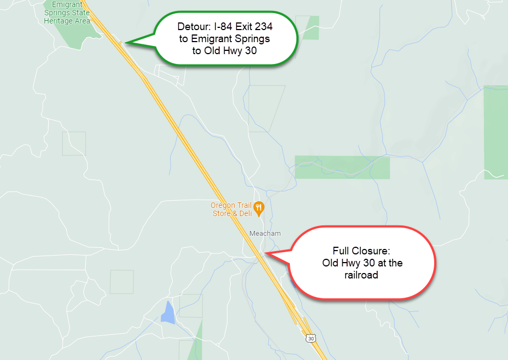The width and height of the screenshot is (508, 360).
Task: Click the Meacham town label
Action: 265,234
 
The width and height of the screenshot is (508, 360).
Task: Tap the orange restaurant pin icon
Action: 260,208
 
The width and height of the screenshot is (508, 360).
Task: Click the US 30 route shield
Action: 311,339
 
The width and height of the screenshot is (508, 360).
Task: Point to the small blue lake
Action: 168,312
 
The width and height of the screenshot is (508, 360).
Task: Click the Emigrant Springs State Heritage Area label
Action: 67,12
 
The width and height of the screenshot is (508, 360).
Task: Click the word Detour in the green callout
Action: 193,27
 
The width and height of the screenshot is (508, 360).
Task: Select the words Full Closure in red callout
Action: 361,251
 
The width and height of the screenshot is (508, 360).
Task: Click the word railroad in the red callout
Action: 361,275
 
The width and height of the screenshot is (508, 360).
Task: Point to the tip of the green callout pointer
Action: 125,43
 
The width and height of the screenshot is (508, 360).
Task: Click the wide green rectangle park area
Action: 342,167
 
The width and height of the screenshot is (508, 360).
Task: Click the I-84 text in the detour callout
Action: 220,27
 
